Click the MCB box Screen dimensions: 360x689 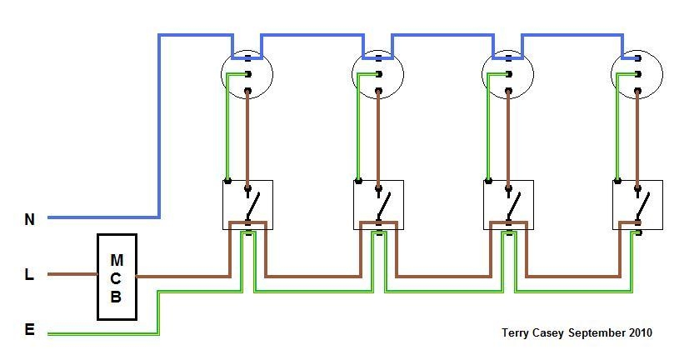pos(117,276)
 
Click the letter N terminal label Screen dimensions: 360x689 pos(30,220)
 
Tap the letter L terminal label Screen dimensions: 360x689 pos(29,274)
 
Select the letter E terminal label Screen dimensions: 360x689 pos(30,330)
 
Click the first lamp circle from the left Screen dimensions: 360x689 pos(247,74)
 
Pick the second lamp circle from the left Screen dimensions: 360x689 pos(378,74)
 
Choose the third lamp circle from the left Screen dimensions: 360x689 pos(508,74)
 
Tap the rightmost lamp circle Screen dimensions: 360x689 pos(637,74)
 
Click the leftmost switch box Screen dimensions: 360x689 pos(248,205)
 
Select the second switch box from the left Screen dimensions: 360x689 pos(378,205)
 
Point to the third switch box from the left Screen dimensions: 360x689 pos(508,205)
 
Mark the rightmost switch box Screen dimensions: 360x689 pos(637,205)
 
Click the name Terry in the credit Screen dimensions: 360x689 pos(517,332)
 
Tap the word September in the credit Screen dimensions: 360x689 pos(594,332)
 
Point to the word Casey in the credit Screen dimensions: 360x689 pos(551,332)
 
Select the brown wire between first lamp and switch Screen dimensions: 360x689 pos(248,133)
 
